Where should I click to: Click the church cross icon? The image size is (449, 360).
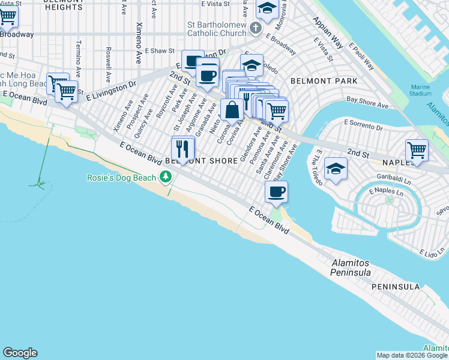(x=256, y=28)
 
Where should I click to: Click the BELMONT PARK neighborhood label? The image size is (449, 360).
(x=324, y=80)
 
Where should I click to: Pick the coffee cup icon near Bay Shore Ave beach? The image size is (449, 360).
(x=276, y=192)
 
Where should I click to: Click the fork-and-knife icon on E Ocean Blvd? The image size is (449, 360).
(x=183, y=148)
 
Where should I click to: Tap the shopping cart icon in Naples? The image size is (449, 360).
(x=417, y=150)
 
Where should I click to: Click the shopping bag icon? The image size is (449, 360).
(x=232, y=110)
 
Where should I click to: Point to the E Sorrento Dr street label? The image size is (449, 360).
(x=364, y=125)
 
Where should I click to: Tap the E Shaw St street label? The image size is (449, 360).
(x=159, y=52)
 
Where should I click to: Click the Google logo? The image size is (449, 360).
(x=20, y=353)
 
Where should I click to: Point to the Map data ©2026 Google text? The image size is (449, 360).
(x=411, y=355)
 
